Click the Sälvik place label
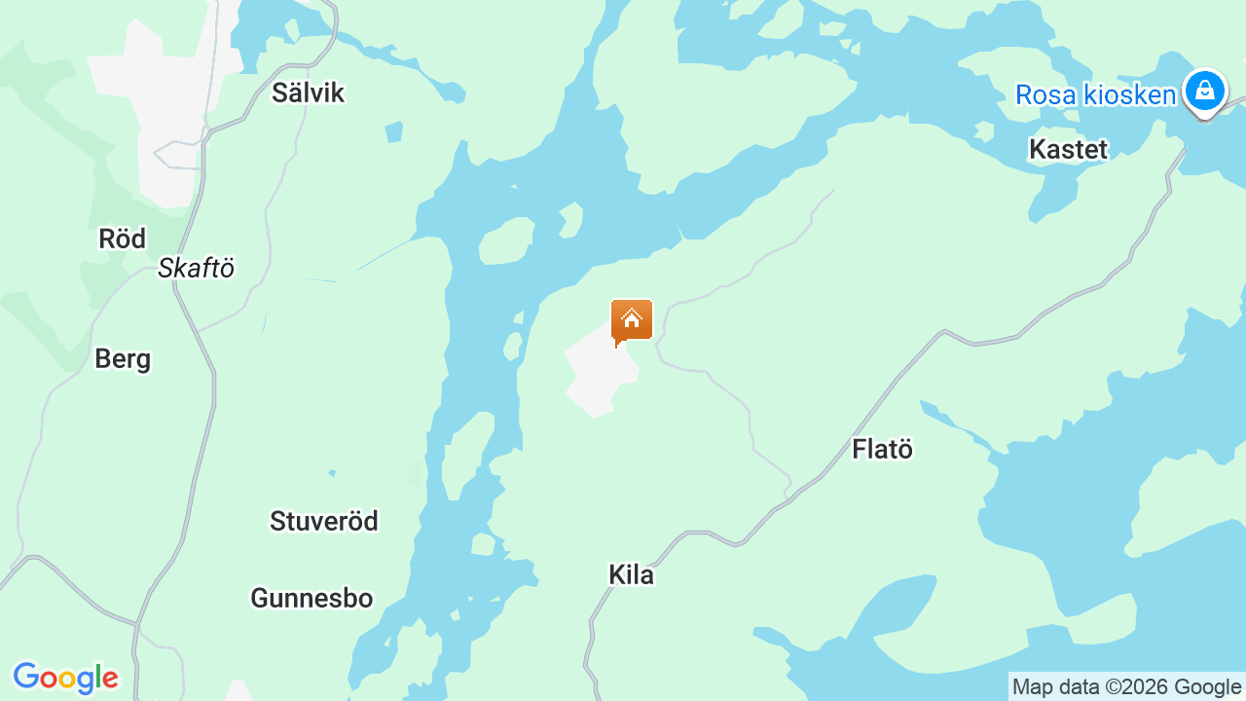(x=308, y=93)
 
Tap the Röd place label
(x=123, y=239)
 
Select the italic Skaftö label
(x=197, y=269)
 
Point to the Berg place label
(x=123, y=359)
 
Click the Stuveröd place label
(x=324, y=521)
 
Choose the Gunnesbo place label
(x=311, y=598)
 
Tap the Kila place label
(x=631, y=574)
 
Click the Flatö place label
(x=882, y=449)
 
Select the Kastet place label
(x=1068, y=149)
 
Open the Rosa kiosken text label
(x=1095, y=94)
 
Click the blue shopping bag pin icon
(x=1205, y=92)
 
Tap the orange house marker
(x=631, y=320)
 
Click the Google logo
(x=65, y=678)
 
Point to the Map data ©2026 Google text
(x=1126, y=687)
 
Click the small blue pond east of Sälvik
(x=393, y=131)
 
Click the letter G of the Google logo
(x=26, y=677)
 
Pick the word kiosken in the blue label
(x=1128, y=94)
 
